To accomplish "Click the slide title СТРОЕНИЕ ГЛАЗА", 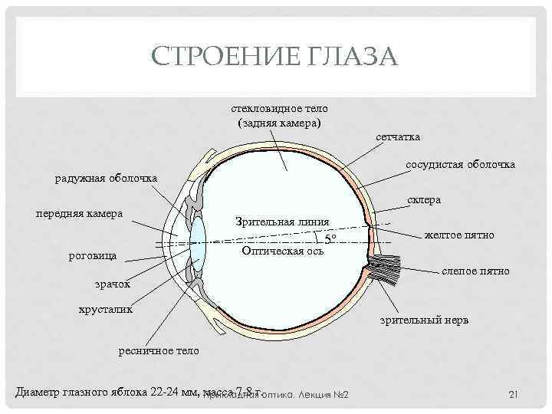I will (275, 57).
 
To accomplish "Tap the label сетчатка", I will (397, 136).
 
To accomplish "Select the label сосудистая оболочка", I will (461, 165).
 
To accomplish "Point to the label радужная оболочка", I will (106, 179).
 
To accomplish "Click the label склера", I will (424, 200).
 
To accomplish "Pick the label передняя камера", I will (80, 213).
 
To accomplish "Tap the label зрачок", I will (112, 284).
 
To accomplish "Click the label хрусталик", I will (105, 310).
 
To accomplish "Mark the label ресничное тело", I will (159, 350).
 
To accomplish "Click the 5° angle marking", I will (330, 239).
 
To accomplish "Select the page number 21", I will (514, 394).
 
